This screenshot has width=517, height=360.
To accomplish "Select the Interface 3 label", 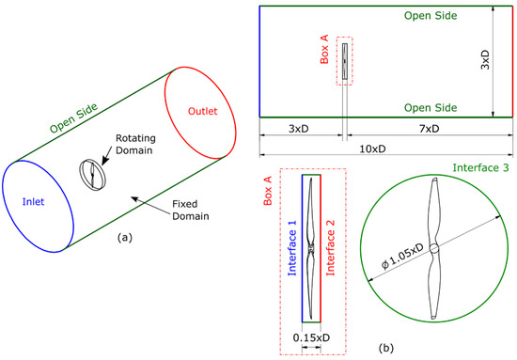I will tap(479, 167).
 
